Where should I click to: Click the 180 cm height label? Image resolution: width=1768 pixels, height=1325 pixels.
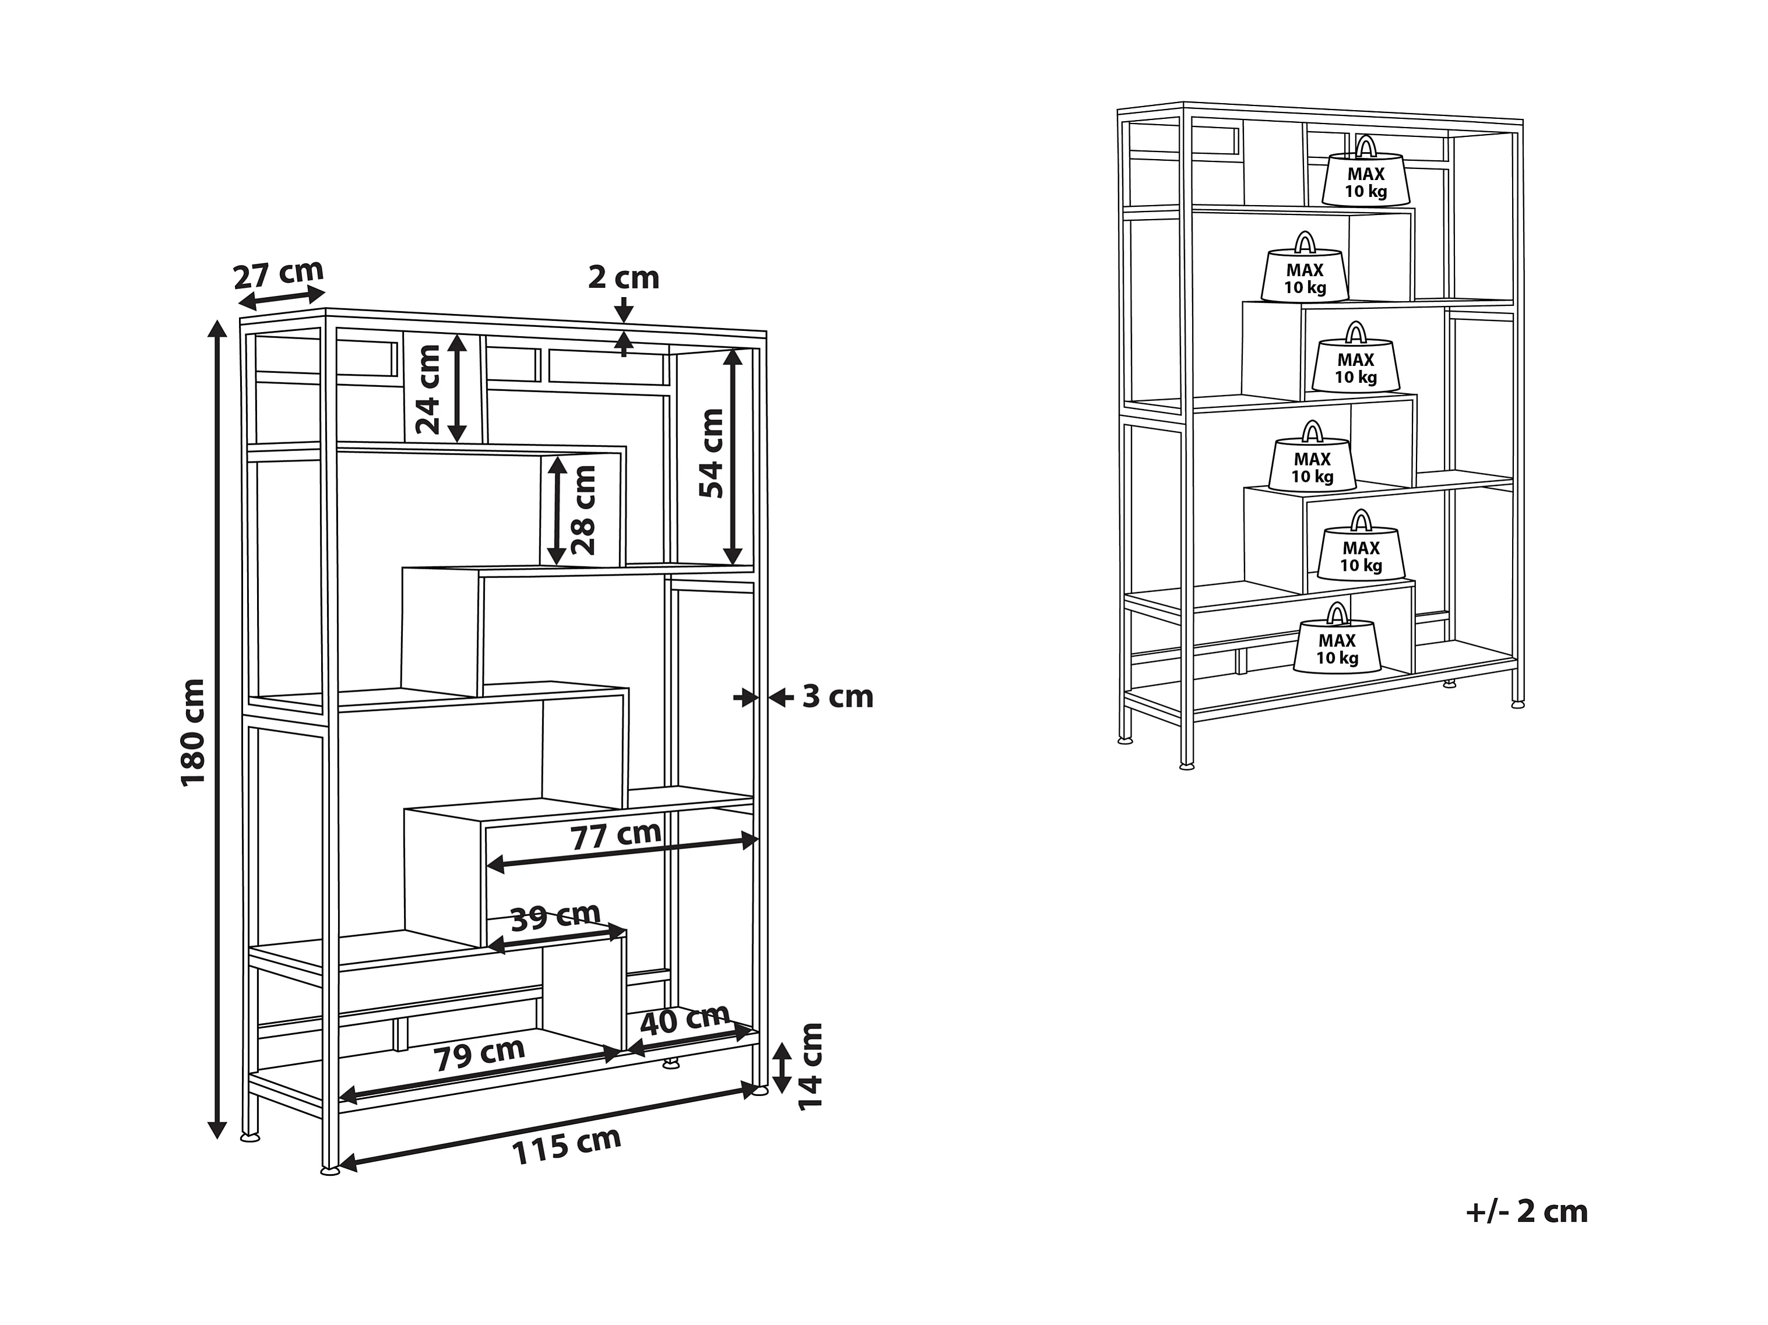tap(194, 733)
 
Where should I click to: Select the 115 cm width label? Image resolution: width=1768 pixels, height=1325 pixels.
tap(566, 1146)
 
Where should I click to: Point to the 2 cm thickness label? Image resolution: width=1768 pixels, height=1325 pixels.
tap(624, 277)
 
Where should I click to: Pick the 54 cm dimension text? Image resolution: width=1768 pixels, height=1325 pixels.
tap(711, 453)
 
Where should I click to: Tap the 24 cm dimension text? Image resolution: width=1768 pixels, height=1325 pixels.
tap(428, 389)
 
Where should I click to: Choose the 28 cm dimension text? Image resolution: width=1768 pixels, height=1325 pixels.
tap(584, 510)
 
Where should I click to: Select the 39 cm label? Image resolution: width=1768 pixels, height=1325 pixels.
tap(555, 917)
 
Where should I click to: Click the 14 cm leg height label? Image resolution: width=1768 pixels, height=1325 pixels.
tap(810, 1065)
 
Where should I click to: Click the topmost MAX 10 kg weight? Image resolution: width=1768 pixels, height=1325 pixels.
tap(1366, 171)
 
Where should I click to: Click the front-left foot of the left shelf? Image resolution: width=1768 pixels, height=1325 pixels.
tap(329, 1171)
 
